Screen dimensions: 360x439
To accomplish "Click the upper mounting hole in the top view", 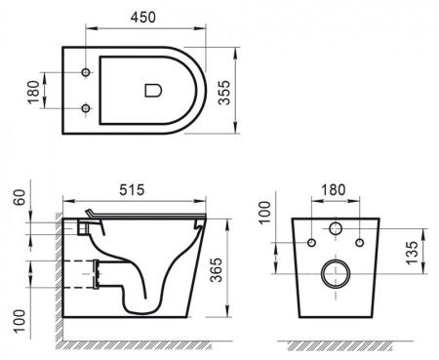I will tap(87, 74).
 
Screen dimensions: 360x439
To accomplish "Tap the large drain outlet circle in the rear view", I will tap(335, 274).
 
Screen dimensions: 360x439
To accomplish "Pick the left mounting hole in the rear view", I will tap(311, 241).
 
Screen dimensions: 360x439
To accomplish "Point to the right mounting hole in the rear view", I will tap(358, 241).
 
